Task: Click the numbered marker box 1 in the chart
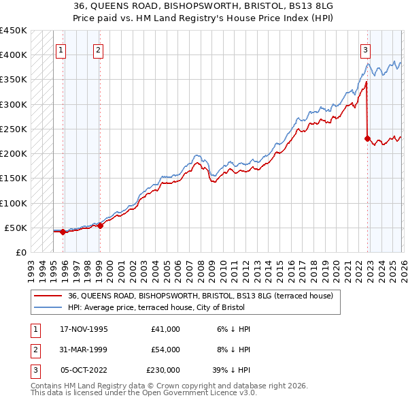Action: click(61, 49)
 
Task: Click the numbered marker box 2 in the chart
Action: click(98, 49)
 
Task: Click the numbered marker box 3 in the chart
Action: click(365, 49)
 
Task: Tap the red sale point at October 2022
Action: click(367, 139)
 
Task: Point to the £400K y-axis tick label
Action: click(14, 55)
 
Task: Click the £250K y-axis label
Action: click(14, 129)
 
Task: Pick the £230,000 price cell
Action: click(163, 370)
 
